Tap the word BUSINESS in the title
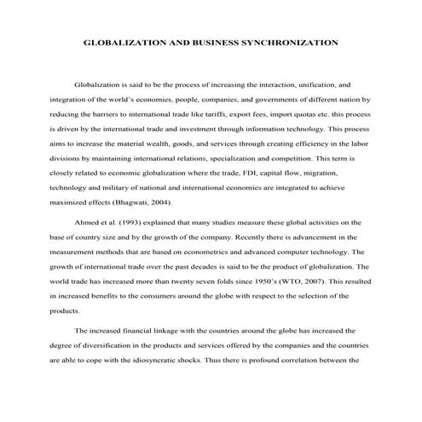coord(199,41)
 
